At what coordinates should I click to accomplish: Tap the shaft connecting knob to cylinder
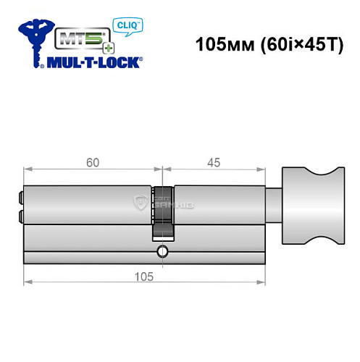[x=275, y=204]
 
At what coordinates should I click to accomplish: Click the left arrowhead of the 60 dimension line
[x=26, y=172]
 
